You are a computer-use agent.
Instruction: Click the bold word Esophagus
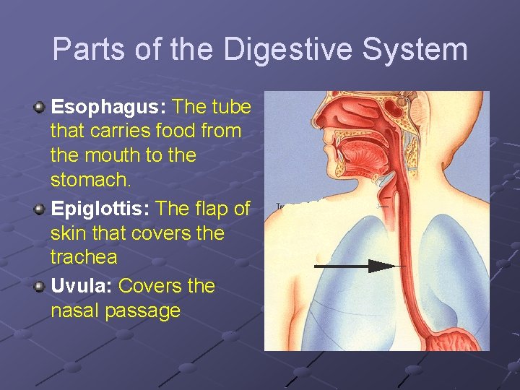[108, 108]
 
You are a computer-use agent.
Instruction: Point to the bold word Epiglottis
[100, 209]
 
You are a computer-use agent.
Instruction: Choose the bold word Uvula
[80, 286]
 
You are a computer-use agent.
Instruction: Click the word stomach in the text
[87, 178]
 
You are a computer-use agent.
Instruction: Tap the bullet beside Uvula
[40, 287]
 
